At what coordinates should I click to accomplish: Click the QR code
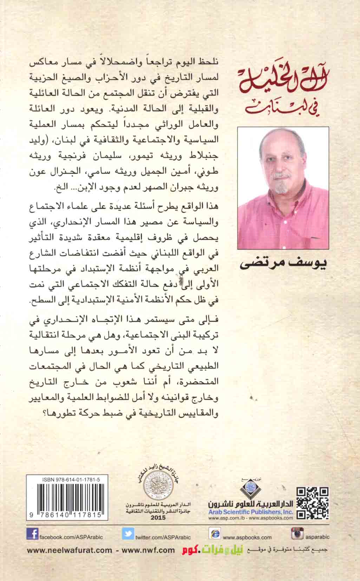pyautogui.click(x=312, y=503)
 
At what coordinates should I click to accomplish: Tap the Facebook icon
pyautogui.click(x=32, y=534)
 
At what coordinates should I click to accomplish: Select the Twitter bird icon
pyautogui.click(x=128, y=534)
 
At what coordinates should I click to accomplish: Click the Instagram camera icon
pyautogui.click(x=297, y=534)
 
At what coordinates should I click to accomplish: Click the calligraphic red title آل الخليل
pyautogui.click(x=284, y=73)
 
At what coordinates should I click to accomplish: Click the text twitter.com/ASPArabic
pyautogui.click(x=163, y=537)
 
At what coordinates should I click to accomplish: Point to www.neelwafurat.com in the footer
pyautogui.click(x=69, y=551)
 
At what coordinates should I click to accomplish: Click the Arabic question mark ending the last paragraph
pyautogui.click(x=221, y=413)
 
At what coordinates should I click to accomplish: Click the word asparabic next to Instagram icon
pyautogui.click(x=318, y=537)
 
